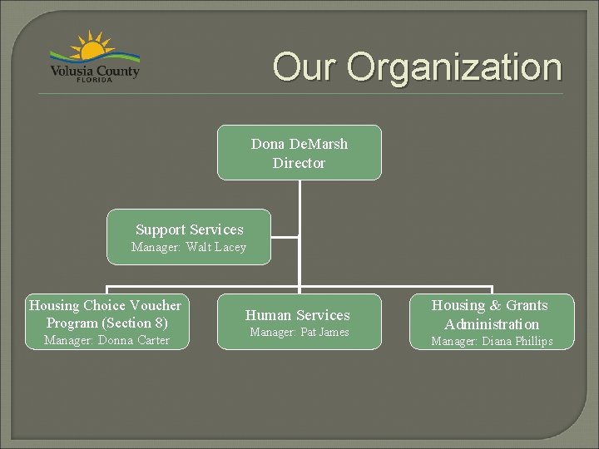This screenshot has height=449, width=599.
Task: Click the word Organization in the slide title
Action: point(454,67)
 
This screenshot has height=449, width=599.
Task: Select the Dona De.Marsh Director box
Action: point(299,153)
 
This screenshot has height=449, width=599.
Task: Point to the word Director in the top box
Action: point(299,163)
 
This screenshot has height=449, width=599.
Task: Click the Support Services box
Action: point(190,237)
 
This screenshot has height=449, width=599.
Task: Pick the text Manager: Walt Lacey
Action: point(190,247)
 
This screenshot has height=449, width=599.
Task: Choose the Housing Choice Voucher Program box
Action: point(106,322)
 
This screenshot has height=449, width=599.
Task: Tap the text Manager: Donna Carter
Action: point(106,340)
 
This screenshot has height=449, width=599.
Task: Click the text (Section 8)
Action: point(136,323)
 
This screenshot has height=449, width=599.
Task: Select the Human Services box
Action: point(299,321)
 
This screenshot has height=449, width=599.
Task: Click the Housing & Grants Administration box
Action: point(492,322)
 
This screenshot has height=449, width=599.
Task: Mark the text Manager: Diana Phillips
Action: point(491,341)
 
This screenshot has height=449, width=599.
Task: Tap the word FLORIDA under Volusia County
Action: point(95,80)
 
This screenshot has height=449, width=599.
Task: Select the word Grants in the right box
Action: point(527,305)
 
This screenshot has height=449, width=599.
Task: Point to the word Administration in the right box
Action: point(492,324)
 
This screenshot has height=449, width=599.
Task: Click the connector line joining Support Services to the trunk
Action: point(285,237)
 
